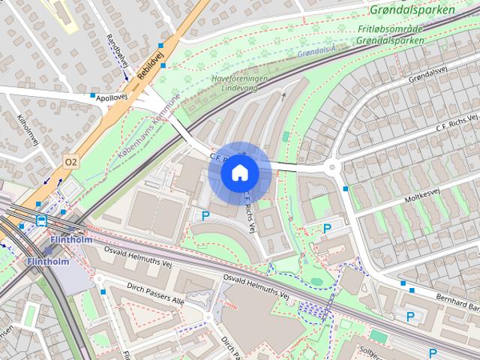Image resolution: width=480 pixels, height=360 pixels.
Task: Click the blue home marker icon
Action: coord(239,172)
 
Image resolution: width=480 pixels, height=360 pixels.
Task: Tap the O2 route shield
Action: coord(71,161)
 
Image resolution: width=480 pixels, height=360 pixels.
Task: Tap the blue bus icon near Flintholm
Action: coord(40,220)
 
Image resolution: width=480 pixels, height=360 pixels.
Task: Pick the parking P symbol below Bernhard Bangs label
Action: coord(410,316)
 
